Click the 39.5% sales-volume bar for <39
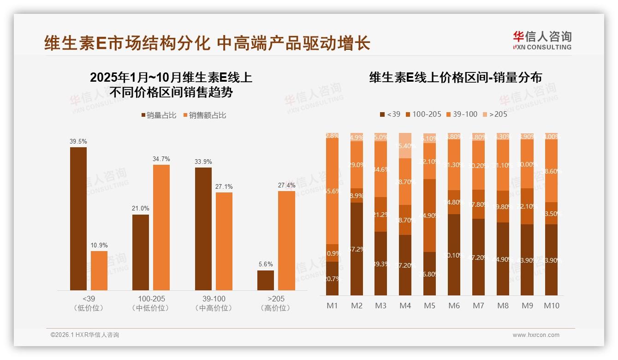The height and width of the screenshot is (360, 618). coord(78,219)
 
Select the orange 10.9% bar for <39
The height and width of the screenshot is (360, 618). coord(99,270)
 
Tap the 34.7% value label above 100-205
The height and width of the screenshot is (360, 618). coord(161,159)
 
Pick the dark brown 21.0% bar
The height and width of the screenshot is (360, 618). coord(141,252)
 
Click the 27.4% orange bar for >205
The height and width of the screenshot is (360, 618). coord(286,240)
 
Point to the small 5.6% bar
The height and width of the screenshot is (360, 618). coord(266,280)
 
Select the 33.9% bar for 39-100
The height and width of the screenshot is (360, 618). coord(203,229)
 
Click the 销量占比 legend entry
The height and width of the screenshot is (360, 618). coord(159,115)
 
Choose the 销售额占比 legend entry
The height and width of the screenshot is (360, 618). coord(205,115)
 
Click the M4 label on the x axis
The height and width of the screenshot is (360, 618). coord(405,306)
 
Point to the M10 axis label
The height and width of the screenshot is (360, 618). coord(552,306)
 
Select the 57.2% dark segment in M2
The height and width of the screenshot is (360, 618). coord(357,249)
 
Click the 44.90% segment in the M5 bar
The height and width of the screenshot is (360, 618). coord(429,215)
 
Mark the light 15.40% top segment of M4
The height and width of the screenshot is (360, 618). coord(405,145)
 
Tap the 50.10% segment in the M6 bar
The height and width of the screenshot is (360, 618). coord(454,255)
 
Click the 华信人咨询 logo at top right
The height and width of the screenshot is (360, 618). coord(542,40)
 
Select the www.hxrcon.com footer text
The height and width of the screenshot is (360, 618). coord(536,335)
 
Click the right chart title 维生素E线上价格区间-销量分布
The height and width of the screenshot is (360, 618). coord(455,77)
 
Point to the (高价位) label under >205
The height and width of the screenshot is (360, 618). coord(276,308)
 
